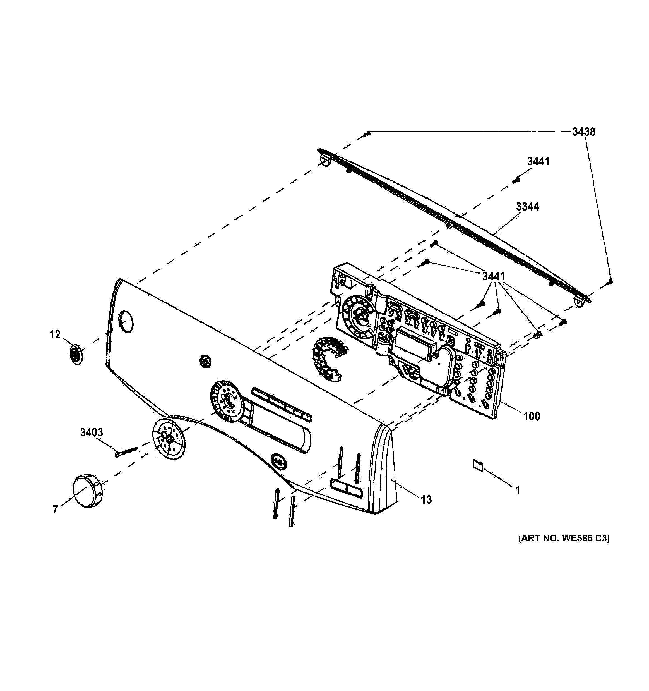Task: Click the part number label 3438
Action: click(x=584, y=132)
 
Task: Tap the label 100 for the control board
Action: click(x=532, y=416)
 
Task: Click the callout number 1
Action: click(x=517, y=491)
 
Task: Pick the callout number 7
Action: click(x=55, y=510)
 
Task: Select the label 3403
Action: click(x=91, y=432)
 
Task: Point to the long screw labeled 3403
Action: click(x=127, y=451)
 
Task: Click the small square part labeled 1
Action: click(x=478, y=465)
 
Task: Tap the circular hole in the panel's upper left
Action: click(x=126, y=322)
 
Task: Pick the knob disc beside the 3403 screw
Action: click(x=169, y=439)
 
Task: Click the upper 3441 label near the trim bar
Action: click(x=538, y=161)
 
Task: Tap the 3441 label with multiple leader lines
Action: click(x=493, y=276)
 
